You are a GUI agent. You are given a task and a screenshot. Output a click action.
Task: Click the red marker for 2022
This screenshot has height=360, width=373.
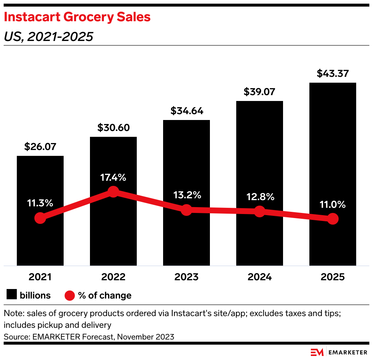(113, 191)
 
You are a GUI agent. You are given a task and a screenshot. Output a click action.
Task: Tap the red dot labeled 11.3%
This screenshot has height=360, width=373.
(40, 218)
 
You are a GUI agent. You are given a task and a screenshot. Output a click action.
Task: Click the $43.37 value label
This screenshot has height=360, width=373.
(333, 74)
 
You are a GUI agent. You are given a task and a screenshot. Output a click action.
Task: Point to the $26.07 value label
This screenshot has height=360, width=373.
(40, 147)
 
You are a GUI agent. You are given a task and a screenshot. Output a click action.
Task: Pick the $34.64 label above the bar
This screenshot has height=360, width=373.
(186, 111)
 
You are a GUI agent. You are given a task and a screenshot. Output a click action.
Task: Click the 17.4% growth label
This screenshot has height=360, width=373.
(113, 177)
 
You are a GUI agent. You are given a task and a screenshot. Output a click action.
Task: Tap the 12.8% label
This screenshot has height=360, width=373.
(260, 197)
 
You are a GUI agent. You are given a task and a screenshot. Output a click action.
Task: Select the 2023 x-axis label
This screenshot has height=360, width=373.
(186, 277)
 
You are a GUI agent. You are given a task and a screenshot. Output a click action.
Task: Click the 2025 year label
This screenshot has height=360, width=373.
(333, 277)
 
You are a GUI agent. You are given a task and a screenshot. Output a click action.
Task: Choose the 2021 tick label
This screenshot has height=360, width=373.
(40, 277)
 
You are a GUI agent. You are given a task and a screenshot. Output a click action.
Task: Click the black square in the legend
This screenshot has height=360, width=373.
(12, 295)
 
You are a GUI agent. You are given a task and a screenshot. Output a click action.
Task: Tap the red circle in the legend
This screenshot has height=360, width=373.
(70, 295)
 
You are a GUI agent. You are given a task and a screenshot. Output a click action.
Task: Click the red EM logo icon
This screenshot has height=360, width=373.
(317, 352)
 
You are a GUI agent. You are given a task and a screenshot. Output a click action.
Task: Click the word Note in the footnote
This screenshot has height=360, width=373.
(12, 314)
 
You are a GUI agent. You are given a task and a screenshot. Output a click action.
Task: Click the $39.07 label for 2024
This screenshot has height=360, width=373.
(260, 92)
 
